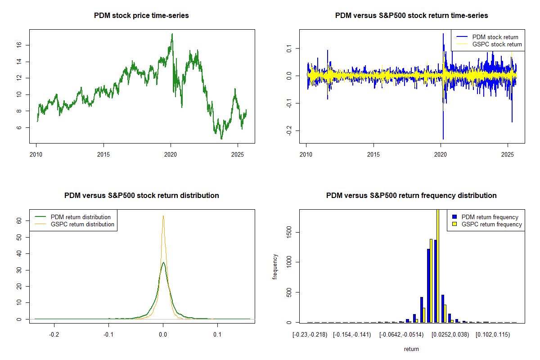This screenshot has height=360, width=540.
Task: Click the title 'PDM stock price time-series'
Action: [x=141, y=16]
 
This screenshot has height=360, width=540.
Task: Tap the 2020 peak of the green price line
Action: [x=172, y=34]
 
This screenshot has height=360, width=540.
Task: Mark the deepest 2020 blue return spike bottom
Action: [x=443, y=139]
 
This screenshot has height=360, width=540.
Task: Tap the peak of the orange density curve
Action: [x=163, y=216]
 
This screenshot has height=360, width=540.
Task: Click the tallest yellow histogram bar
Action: [x=438, y=265]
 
